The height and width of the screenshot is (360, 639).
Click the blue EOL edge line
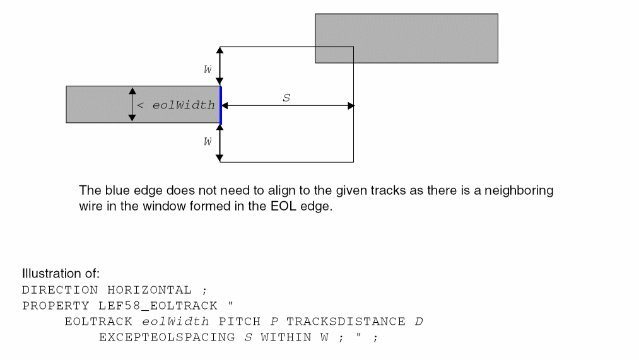[x=221, y=105]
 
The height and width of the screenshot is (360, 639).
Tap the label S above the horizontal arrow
[x=286, y=98]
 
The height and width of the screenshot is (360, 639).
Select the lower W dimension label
[x=208, y=142]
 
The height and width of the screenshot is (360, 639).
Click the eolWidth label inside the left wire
[x=183, y=105]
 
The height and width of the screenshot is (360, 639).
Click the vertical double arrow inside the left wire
[x=132, y=104]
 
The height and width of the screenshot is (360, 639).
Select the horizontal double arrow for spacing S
[x=288, y=106]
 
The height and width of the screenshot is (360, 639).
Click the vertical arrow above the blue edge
[x=220, y=66]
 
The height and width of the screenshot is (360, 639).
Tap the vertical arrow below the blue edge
[x=220, y=142]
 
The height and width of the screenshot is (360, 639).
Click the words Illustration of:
[x=61, y=274]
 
